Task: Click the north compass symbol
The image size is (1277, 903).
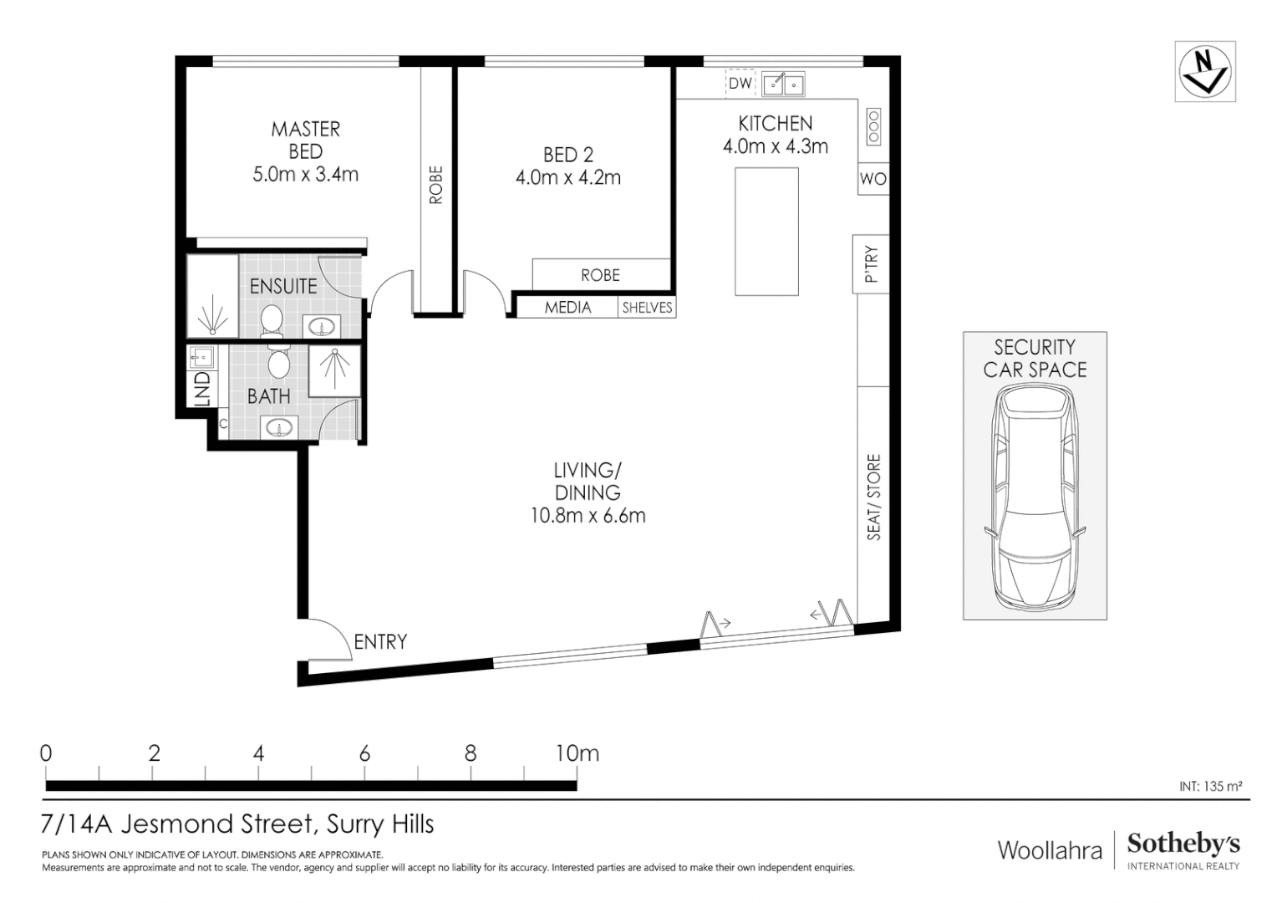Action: tap(1204, 71)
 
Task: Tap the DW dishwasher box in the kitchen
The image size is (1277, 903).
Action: tap(740, 83)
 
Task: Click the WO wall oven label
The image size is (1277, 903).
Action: tap(873, 179)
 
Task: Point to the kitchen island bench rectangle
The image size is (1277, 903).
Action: tap(766, 232)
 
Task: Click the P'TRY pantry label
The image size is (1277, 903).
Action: tap(871, 264)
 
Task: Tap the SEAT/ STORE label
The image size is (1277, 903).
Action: tap(873, 497)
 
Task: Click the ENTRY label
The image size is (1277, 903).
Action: tap(380, 642)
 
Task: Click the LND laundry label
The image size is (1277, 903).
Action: tap(201, 390)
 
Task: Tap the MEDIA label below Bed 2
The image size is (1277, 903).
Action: tap(568, 308)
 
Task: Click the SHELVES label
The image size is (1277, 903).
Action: tap(647, 308)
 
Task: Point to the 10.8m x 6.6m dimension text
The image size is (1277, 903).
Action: tap(588, 516)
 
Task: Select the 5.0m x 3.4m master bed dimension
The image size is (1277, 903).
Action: tap(305, 175)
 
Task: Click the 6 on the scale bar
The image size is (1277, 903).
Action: tap(364, 753)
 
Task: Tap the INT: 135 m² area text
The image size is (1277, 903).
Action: tap(1210, 786)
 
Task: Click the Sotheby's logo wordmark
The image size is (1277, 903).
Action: tap(1183, 844)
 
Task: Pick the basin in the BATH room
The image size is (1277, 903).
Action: tap(277, 429)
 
